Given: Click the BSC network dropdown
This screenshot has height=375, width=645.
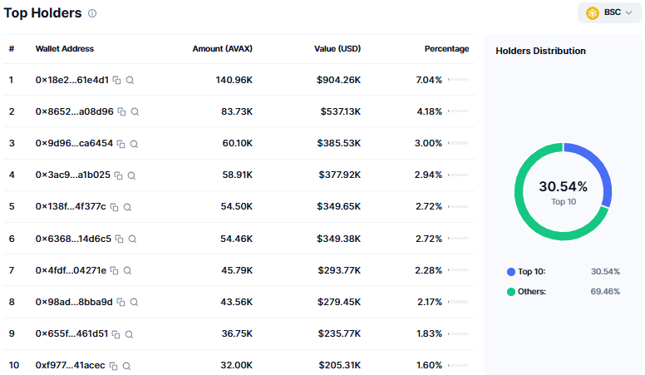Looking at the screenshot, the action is [609, 12].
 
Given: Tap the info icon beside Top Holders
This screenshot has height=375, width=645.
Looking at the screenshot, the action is [92, 13].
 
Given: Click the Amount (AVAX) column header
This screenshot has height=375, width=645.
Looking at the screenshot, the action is [222, 48].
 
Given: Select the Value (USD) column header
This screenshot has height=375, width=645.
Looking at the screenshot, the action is [337, 48].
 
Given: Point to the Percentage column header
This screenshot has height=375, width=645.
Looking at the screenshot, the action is [446, 48].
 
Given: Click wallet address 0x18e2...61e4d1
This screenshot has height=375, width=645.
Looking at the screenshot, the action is [72, 80].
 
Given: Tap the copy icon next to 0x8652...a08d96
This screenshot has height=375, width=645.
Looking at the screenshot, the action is [121, 111].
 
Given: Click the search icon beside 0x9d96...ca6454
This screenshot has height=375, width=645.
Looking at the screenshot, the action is [134, 144].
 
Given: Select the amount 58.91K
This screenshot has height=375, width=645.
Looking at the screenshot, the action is [238, 175].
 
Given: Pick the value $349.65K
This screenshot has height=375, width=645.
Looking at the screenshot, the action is [338, 206].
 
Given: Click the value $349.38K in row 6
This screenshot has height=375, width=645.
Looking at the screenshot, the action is [338, 239].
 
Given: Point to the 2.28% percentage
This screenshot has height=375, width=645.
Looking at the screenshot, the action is [429, 270].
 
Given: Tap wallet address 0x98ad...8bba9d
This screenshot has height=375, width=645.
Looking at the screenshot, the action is [74, 302].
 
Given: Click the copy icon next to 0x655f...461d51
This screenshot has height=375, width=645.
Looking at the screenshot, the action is [116, 334].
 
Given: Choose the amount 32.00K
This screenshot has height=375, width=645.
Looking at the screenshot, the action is [237, 365].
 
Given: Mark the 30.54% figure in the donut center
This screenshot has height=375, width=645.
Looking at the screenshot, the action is [564, 186].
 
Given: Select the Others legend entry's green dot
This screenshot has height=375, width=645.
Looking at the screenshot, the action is [511, 292].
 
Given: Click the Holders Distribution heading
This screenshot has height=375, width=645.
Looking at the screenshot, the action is [540, 51].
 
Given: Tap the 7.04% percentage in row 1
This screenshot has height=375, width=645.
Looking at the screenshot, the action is [429, 80].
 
